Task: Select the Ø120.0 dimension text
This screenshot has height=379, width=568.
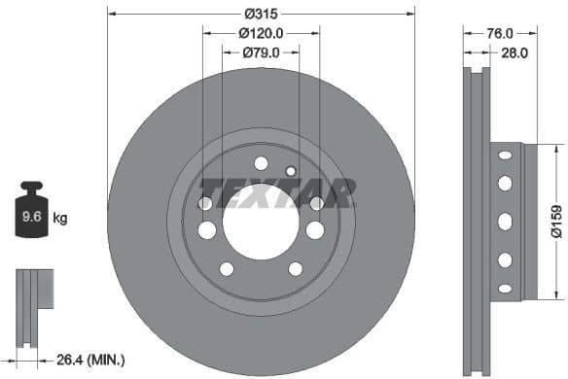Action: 260,32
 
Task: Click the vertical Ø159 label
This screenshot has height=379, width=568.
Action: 557,221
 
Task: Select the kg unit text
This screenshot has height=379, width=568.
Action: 59,219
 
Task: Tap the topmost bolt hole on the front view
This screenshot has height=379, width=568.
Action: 261,162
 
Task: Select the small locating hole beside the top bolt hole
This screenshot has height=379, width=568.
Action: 290,171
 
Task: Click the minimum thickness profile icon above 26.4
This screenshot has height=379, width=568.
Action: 31,295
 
